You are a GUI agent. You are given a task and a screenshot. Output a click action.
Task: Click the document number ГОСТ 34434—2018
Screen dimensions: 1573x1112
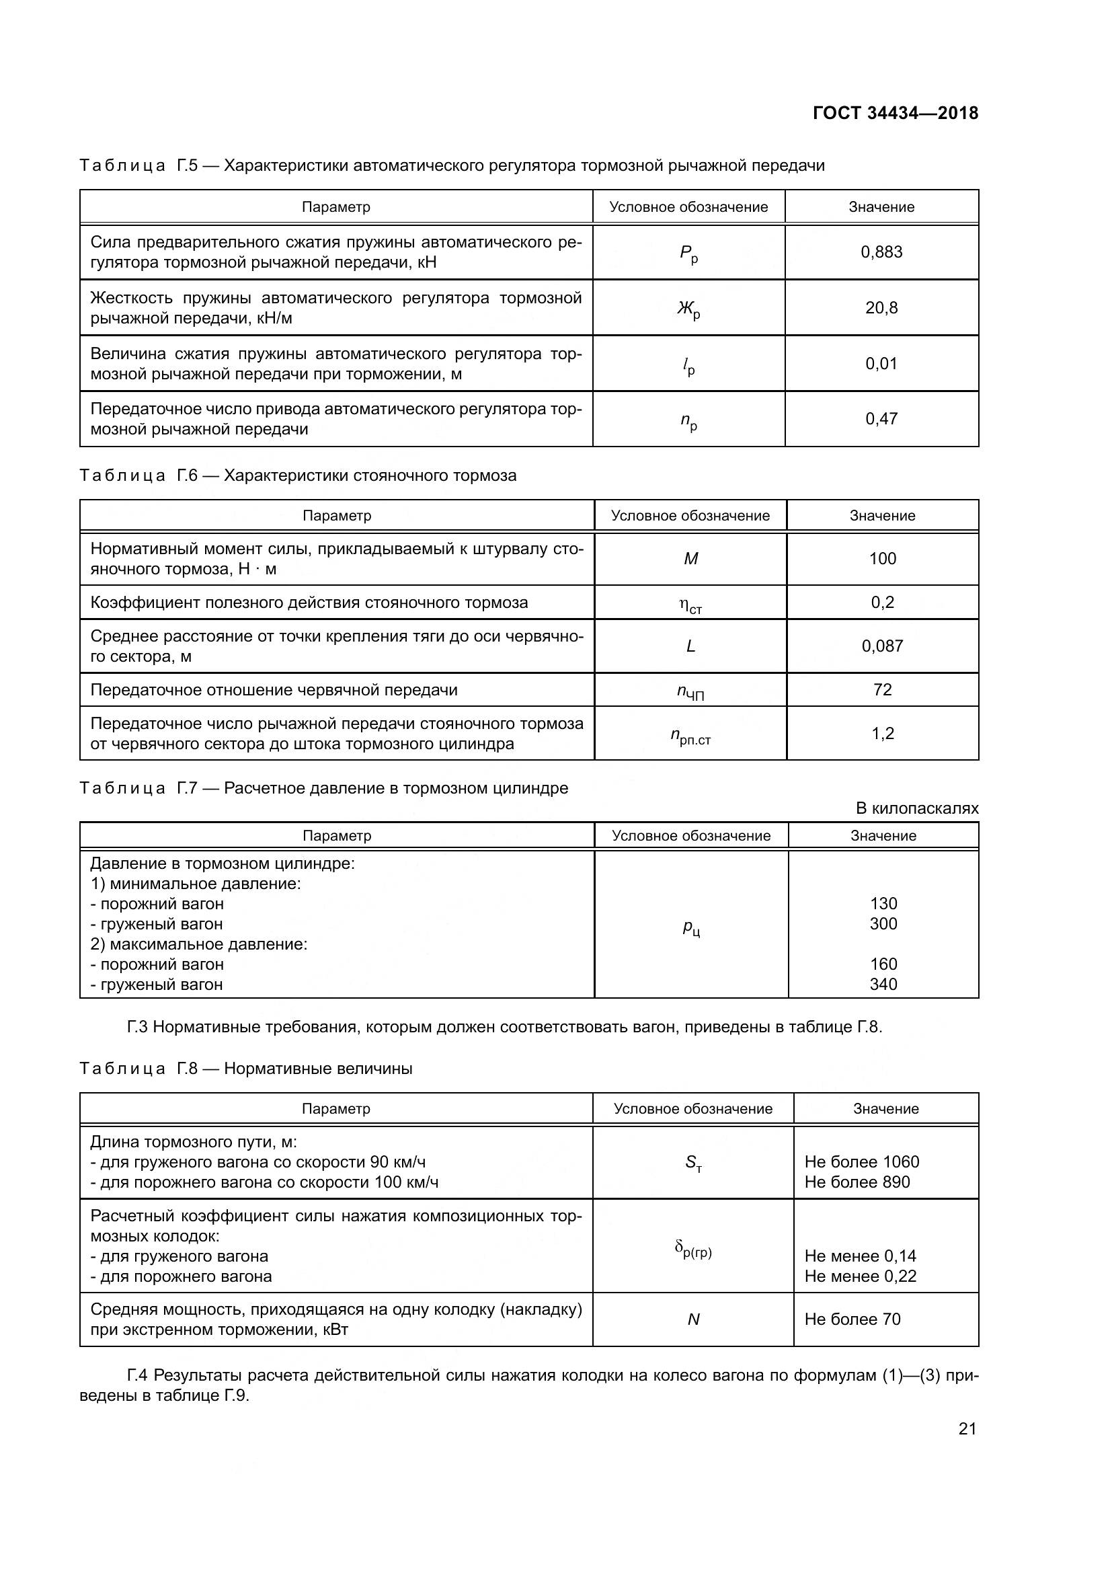895,113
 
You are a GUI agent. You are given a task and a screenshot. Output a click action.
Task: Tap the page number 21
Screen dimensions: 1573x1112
967,1428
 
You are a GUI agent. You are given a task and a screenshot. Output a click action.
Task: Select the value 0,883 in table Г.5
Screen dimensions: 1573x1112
881,252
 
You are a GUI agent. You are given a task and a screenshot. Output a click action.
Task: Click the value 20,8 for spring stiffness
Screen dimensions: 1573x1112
881,307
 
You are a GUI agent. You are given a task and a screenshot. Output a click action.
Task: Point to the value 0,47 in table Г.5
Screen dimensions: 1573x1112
881,418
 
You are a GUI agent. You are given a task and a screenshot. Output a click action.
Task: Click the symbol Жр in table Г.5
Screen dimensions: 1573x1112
689,309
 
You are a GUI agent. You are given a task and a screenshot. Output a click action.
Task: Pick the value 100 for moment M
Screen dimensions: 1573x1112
882,558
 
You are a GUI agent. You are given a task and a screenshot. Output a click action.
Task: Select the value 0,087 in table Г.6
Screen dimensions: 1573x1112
882,646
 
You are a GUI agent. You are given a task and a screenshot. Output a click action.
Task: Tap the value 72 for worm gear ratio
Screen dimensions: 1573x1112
882,689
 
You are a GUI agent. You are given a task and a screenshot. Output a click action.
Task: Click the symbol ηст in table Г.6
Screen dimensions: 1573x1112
690,605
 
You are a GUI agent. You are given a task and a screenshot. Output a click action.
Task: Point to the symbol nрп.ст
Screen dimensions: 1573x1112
690,736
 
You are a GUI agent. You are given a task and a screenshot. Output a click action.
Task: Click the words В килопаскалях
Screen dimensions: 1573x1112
917,808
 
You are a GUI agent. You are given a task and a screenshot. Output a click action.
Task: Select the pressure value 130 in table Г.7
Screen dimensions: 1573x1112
883,904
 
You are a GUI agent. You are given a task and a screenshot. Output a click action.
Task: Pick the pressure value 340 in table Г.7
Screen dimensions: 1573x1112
883,985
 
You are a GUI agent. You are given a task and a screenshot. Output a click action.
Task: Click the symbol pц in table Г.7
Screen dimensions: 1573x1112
691,927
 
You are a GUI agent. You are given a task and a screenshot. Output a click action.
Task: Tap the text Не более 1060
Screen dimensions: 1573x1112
861,1162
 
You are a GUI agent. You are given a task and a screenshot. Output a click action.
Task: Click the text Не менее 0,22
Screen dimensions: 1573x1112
860,1276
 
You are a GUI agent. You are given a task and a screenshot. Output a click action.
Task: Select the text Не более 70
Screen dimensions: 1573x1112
852,1319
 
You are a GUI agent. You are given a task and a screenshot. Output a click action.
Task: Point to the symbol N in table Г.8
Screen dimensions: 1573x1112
693,1319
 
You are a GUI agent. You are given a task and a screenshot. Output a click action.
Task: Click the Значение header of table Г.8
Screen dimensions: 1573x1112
885,1108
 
